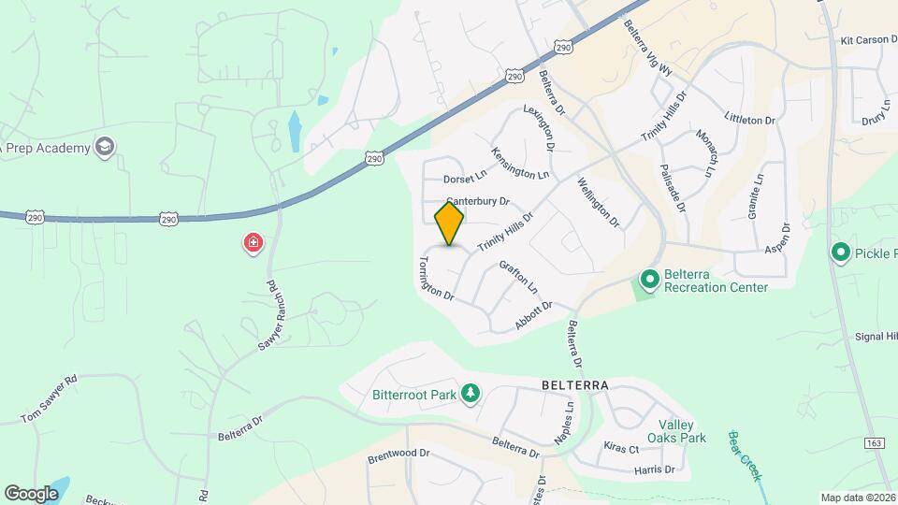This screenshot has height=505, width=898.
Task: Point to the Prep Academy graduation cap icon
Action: [106, 147]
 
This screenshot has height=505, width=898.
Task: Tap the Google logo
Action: [31, 493]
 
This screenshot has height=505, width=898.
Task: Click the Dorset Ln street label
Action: [466, 177]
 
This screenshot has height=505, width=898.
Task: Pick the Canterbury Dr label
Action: [477, 200]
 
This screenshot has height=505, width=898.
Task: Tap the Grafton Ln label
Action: [519, 276]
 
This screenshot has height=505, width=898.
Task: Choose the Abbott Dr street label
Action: [534, 316]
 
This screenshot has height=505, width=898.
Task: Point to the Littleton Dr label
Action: [750, 121]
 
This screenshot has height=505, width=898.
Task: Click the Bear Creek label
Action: [746, 455]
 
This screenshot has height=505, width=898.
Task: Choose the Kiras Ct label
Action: [621, 449]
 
